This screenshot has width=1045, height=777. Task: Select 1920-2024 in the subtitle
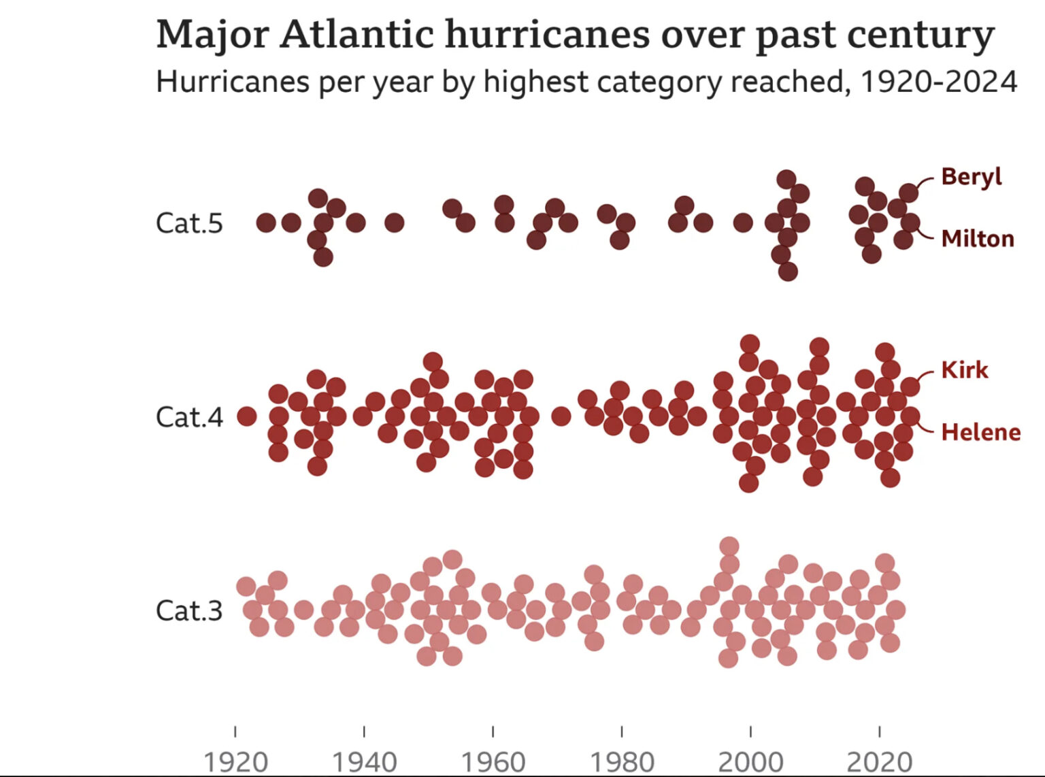(x=939, y=82)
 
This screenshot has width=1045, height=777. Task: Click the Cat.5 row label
(x=189, y=223)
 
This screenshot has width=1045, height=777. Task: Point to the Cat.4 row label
(x=189, y=417)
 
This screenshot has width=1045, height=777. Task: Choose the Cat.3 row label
(x=189, y=610)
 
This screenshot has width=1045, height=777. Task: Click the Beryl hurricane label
(x=972, y=176)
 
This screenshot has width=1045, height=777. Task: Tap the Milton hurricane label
(x=978, y=239)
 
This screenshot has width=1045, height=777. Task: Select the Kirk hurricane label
(x=964, y=370)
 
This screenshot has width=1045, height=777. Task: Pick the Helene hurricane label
(x=980, y=432)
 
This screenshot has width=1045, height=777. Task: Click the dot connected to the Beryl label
(x=909, y=193)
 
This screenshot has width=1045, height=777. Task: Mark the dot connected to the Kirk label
(x=910, y=386)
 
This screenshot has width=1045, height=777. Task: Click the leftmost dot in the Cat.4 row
(x=246, y=416)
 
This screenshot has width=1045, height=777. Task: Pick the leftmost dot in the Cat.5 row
(x=265, y=222)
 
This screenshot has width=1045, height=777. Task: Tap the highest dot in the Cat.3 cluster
(x=729, y=546)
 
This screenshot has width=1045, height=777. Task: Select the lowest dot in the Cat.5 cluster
(x=787, y=271)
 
